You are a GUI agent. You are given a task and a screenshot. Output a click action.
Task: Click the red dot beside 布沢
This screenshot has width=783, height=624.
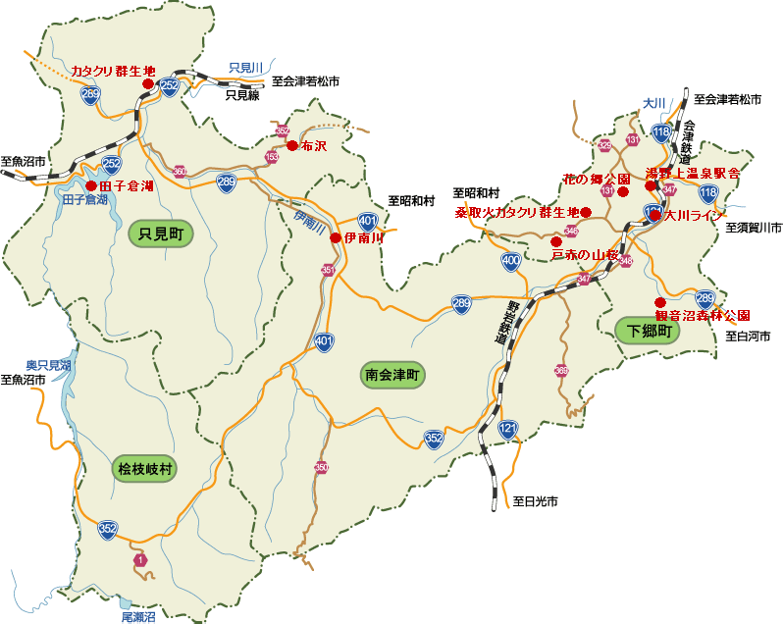tap(291, 145)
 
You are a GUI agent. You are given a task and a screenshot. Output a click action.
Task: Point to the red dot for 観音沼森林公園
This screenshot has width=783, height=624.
tap(660, 302)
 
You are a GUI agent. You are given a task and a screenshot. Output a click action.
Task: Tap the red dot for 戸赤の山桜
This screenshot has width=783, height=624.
tap(556, 241)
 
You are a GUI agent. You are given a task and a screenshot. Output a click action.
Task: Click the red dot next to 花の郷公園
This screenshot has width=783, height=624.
tap(622, 192)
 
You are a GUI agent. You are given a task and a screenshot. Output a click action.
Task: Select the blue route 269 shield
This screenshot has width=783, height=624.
tap(90, 94)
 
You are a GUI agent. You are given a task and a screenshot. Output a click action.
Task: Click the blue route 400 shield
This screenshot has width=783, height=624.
tap(510, 261)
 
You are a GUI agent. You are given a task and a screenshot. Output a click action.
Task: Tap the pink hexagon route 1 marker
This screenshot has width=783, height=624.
tap(140, 560)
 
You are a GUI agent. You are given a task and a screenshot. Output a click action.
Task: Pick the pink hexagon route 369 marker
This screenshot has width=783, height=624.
tap(561, 371)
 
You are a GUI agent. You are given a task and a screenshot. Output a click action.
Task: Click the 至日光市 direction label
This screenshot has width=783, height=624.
tap(536, 501)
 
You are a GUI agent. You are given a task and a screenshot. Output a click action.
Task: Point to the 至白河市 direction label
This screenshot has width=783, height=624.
tap(748, 337)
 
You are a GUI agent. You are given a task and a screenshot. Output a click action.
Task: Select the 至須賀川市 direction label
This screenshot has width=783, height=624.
tap(754, 228)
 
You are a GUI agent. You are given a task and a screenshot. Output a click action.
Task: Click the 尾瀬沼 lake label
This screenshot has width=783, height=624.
tap(138, 618)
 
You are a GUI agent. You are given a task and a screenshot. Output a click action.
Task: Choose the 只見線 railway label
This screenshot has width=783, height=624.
tap(242, 96)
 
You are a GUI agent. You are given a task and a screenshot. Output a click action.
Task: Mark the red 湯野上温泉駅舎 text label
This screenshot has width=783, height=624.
tap(693, 173)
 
